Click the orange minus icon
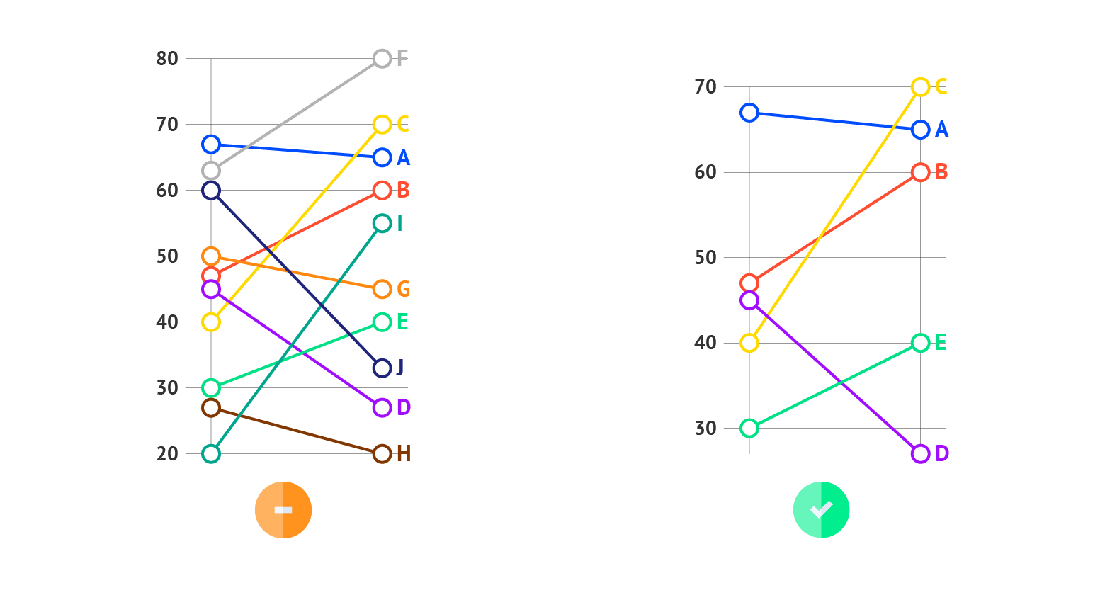click(x=283, y=510)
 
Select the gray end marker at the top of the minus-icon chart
click(x=382, y=58)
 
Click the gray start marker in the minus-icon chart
click(x=210, y=171)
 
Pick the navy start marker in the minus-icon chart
click(x=210, y=191)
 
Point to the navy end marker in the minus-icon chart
click(x=382, y=368)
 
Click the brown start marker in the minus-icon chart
click(x=210, y=408)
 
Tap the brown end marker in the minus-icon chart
click(x=382, y=454)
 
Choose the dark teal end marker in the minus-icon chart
click(x=382, y=223)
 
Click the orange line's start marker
click(x=210, y=256)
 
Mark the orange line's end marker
click(x=382, y=289)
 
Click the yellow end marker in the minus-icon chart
click(x=382, y=125)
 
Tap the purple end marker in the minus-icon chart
click(x=382, y=408)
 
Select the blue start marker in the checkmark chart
click(x=749, y=113)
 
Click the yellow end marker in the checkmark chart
click(x=920, y=87)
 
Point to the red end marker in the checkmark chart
click(x=920, y=172)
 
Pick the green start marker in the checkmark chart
click(x=749, y=428)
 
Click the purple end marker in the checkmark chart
click(x=920, y=454)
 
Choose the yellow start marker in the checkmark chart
click(x=749, y=343)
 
